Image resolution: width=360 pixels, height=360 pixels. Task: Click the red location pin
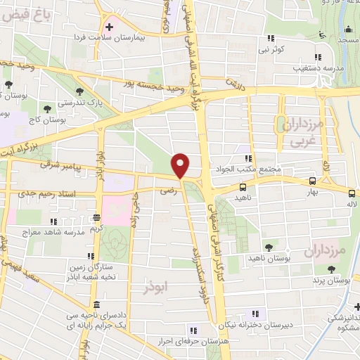[x=181, y=165]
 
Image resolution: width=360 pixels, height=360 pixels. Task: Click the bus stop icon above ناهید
[x=243, y=188]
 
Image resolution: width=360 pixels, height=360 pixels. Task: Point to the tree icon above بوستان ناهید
[x=269, y=246]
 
